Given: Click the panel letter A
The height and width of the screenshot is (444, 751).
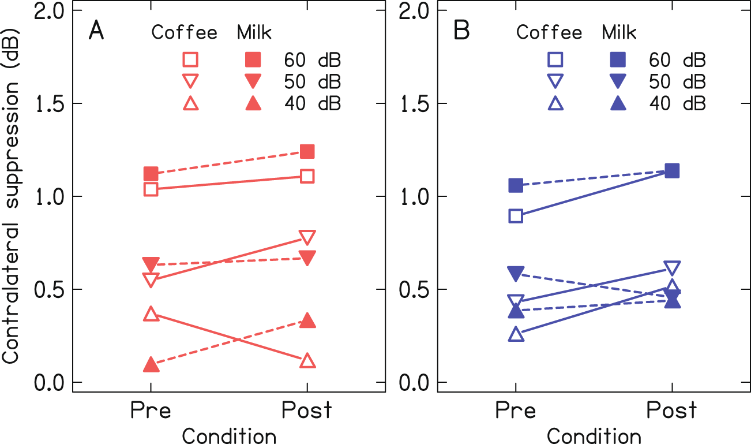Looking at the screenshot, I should pyautogui.click(x=96, y=31).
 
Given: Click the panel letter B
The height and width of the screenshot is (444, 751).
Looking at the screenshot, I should pyautogui.click(x=462, y=31).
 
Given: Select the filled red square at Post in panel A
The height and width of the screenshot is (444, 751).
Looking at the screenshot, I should pyautogui.click(x=307, y=151).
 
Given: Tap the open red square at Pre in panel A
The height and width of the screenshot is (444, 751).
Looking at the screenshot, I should pyautogui.click(x=151, y=189).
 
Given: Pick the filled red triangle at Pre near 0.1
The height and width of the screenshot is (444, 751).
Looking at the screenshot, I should pyautogui.click(x=151, y=364).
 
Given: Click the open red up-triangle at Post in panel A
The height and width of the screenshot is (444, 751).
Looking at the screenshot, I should pyautogui.click(x=307, y=360).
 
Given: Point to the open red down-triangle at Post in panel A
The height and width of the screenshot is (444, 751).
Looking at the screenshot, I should pyautogui.click(x=307, y=237).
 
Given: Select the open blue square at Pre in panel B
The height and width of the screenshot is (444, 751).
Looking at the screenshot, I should pyautogui.click(x=516, y=216).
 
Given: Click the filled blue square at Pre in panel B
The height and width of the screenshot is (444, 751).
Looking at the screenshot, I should pyautogui.click(x=516, y=185).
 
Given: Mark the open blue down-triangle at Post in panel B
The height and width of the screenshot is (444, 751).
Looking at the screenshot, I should pyautogui.click(x=673, y=268).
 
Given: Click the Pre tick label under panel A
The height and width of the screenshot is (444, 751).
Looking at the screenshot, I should pyautogui.click(x=151, y=411).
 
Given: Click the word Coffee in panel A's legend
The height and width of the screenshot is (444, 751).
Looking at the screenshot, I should pyautogui.click(x=184, y=33).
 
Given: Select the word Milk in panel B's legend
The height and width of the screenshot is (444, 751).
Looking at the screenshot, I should pyautogui.click(x=619, y=33).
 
